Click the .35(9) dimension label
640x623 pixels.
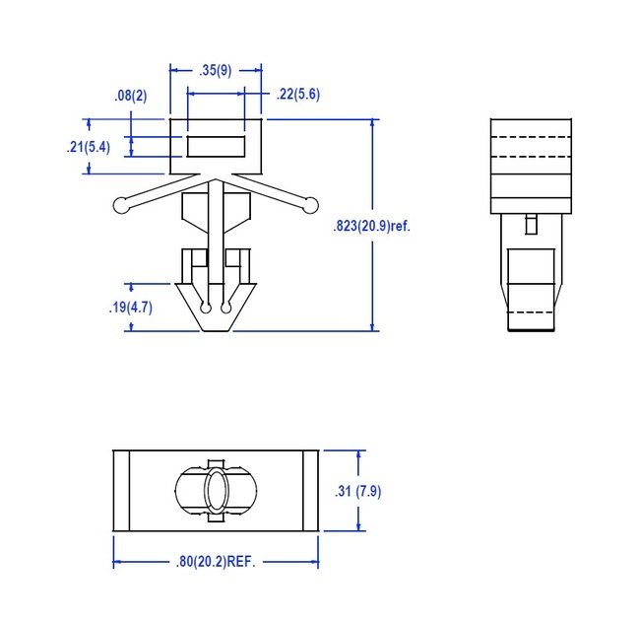coord(216,70)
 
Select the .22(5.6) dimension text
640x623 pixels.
coord(298,95)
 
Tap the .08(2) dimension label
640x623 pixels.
coord(130,96)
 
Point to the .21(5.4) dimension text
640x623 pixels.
coord(88,147)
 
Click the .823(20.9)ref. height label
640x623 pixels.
coord(371,226)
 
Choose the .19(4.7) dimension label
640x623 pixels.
coord(129,307)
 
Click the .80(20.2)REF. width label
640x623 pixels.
coord(216,563)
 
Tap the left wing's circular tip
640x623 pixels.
coord(121,205)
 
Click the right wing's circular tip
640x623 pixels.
coord(310,205)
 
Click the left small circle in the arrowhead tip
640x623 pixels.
coord(205,309)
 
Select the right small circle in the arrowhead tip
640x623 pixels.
coord(226,309)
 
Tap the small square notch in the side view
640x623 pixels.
coord(531,224)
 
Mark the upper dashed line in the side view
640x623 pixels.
coord(531,135)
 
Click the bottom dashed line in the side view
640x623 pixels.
coord(531,312)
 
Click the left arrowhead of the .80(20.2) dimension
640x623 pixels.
coord(118,563)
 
